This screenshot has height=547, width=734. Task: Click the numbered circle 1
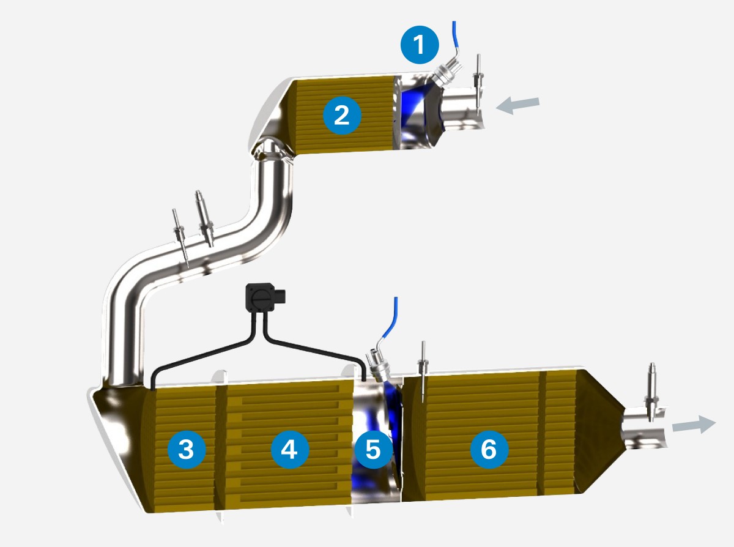click(x=420, y=45)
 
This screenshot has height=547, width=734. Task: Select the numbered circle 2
click(x=342, y=115)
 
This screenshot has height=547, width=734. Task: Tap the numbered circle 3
click(x=187, y=449)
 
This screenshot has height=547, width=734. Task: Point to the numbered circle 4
click(x=290, y=449)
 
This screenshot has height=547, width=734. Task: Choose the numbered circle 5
click(x=374, y=449)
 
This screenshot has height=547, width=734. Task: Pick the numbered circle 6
click(x=489, y=449)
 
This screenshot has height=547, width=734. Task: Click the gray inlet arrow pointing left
click(x=517, y=106)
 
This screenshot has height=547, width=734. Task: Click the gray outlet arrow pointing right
click(x=694, y=425)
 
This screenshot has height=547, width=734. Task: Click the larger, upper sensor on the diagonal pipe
click(x=205, y=219)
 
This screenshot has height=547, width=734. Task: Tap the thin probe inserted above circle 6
click(x=423, y=371)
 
